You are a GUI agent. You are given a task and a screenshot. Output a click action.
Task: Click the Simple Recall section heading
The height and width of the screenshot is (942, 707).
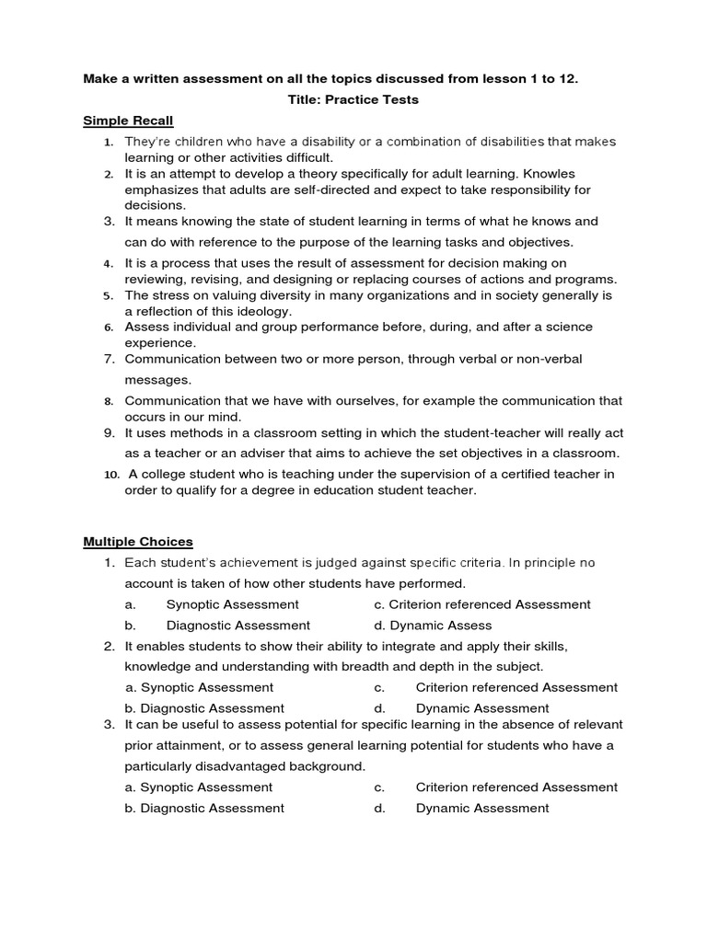click(128, 121)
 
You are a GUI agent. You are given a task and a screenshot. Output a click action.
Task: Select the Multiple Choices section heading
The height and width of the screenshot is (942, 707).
click(138, 542)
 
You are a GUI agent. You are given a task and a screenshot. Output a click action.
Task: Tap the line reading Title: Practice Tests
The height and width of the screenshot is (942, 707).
click(353, 99)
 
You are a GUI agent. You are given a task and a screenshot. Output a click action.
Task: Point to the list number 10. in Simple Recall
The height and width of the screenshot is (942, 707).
click(111, 475)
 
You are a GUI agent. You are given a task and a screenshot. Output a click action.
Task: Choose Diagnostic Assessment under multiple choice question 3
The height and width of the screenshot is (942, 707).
click(204, 808)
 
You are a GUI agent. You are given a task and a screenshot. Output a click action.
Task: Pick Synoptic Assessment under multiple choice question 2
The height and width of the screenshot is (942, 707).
click(199, 687)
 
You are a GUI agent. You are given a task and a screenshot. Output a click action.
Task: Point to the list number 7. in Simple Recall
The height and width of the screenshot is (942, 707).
click(109, 358)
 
